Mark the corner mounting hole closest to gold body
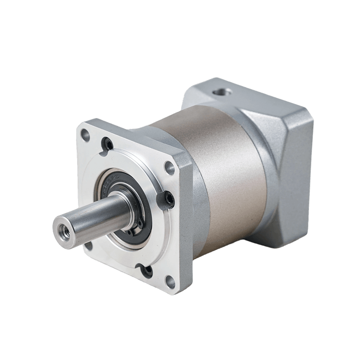point(169,168)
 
